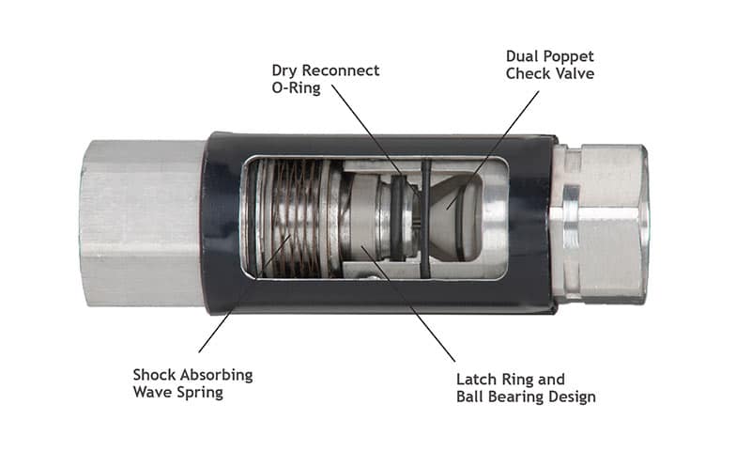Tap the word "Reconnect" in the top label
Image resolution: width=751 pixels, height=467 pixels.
(340, 70)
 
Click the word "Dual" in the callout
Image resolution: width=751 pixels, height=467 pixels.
(523, 56)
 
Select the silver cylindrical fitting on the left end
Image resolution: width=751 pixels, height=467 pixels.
(141, 223)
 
